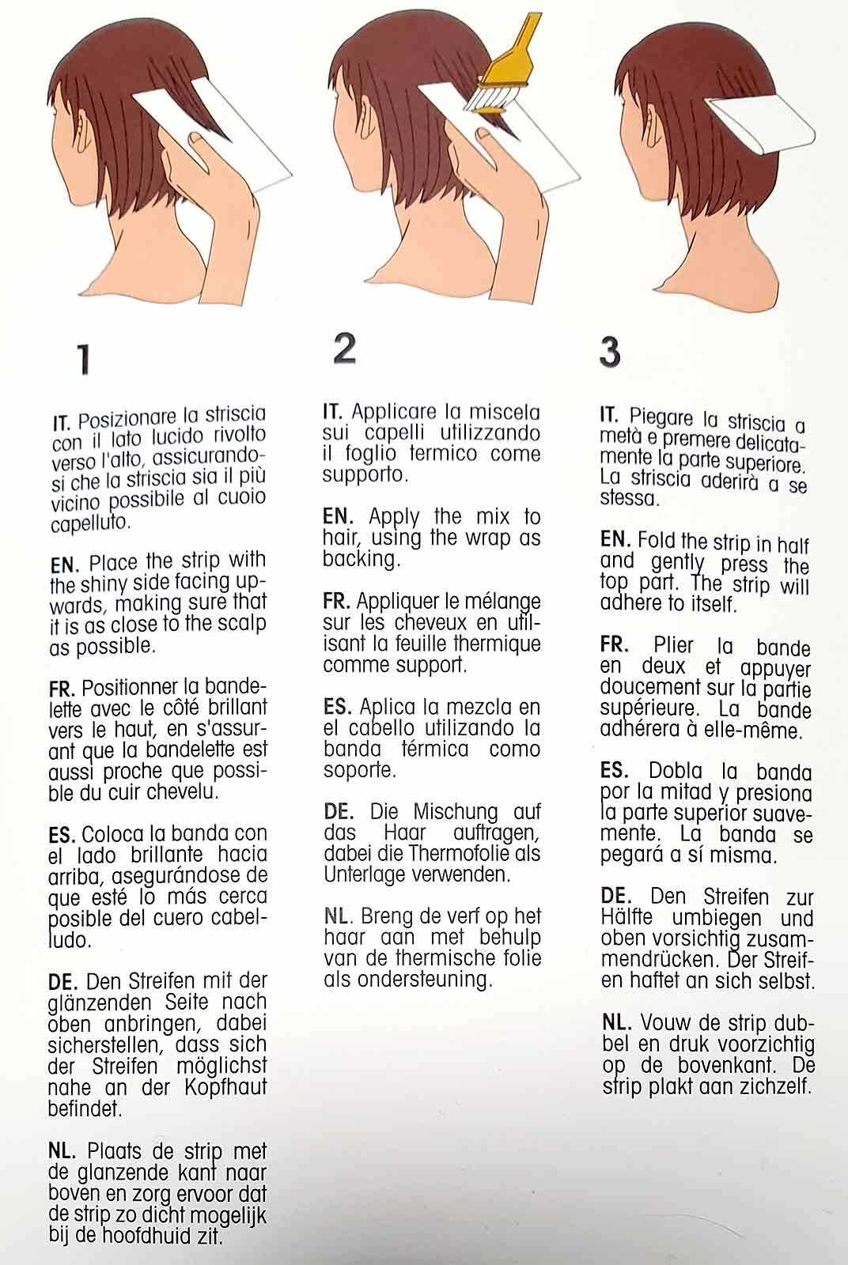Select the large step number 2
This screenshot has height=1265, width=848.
point(345,348)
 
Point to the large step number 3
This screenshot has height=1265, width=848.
point(610,352)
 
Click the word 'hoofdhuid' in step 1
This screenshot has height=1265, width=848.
point(143,1238)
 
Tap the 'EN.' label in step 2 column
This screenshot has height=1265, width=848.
point(338,516)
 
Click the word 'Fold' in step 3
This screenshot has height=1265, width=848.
point(656,541)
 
